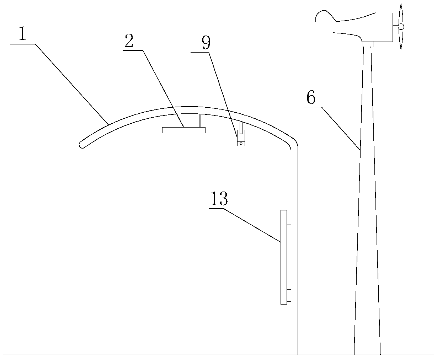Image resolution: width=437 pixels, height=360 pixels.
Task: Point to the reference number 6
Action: [x=311, y=98]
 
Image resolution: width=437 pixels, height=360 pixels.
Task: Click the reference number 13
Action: [x=219, y=199]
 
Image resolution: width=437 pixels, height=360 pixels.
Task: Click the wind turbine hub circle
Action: [x=401, y=26]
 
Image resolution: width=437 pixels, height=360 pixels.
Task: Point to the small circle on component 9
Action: [x=241, y=144]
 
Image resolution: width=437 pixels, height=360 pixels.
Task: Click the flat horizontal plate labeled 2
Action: [x=183, y=130]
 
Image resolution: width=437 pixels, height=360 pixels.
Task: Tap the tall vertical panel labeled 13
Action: [x=283, y=257]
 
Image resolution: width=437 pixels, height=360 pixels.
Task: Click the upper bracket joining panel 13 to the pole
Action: [x=289, y=219]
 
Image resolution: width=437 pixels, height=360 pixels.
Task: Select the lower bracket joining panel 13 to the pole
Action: [x=289, y=295]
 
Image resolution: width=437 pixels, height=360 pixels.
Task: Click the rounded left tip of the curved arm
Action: [x=81, y=144]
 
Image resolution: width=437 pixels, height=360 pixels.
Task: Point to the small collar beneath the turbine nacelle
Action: [x=367, y=45]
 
